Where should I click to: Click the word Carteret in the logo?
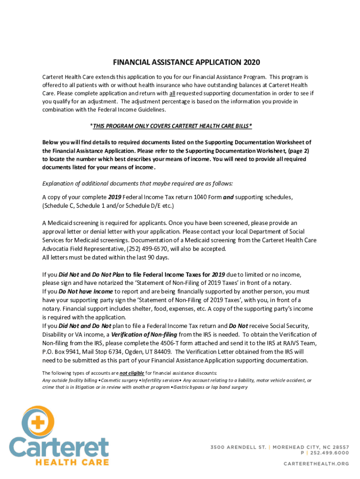click(x=59, y=448)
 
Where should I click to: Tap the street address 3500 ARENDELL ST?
click(x=237, y=446)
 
